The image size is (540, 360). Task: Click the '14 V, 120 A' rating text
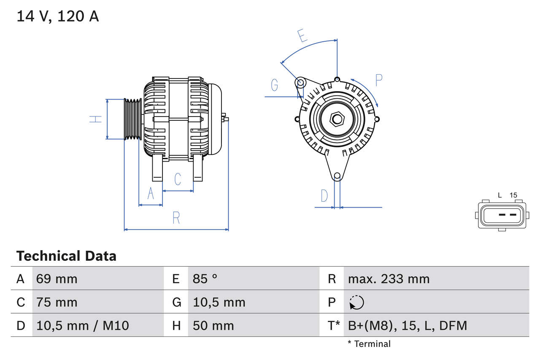click(58, 16)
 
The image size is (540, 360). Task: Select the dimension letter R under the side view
click(176, 218)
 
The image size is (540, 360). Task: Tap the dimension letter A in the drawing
click(151, 194)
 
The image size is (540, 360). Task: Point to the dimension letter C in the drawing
click(178, 179)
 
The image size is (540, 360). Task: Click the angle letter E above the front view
click(301, 36)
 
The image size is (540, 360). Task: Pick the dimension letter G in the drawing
click(275, 85)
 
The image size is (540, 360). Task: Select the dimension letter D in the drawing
click(324, 196)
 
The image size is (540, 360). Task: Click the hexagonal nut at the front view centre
click(337, 119)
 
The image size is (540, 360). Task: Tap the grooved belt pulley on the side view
click(133, 119)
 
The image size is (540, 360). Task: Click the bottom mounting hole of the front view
click(337, 176)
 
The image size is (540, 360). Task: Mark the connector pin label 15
click(513, 195)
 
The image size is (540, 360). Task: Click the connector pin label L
click(499, 195)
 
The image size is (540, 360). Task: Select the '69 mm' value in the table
click(57, 279)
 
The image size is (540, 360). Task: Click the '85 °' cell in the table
click(205, 279)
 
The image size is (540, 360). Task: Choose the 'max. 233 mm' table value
click(389, 279)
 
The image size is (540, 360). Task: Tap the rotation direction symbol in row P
click(356, 302)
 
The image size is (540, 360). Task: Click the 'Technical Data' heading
click(66, 256)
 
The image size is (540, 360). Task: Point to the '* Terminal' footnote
click(369, 344)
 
